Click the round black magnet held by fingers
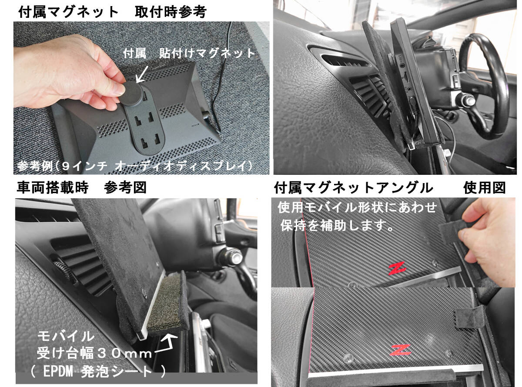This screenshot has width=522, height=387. (132, 93)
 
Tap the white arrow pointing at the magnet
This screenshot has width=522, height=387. (143, 74)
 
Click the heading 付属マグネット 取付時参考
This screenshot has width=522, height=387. (112, 12)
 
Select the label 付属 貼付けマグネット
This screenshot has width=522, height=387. (189, 53)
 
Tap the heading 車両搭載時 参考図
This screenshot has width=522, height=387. (82, 187)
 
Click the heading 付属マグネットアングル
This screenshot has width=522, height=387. (354, 188)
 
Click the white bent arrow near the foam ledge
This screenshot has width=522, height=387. (166, 343)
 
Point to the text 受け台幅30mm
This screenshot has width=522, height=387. (94, 353)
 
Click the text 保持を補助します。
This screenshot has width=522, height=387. (337, 225)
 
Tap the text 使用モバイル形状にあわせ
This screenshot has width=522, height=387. (357, 207)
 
